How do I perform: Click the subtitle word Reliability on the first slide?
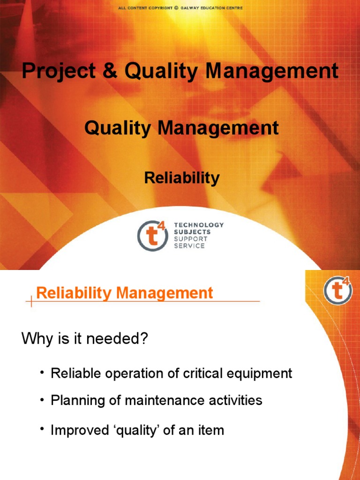pyautogui.click(x=182, y=178)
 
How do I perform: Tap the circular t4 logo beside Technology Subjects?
pyautogui.click(x=152, y=235)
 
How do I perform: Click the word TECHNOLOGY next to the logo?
pyautogui.click(x=199, y=225)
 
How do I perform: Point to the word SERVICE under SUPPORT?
pyautogui.click(x=189, y=246)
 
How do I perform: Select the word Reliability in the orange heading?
pyautogui.click(x=74, y=293)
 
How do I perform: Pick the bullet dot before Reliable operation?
pyautogui.click(x=42, y=373)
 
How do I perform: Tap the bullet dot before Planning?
pyautogui.click(x=42, y=400)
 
